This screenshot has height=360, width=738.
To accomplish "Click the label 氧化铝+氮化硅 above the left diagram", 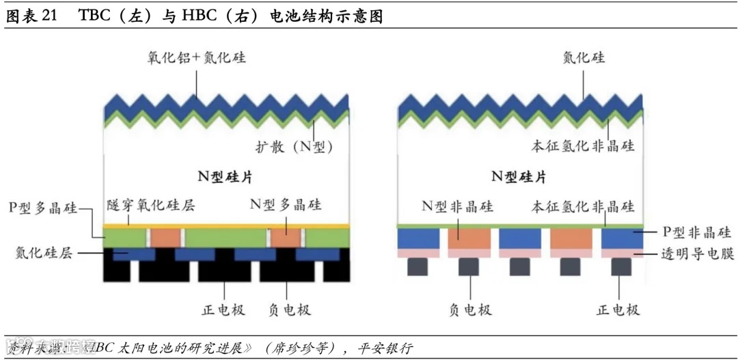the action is (x=195, y=57).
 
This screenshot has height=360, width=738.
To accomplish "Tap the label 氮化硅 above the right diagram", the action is (x=584, y=57).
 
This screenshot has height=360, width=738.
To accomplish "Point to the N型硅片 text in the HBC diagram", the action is (x=519, y=177).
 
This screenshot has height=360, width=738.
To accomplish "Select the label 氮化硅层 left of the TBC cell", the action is (x=44, y=253).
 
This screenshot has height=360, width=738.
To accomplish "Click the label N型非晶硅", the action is (x=457, y=206).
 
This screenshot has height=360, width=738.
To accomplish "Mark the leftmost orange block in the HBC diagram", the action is (x=469, y=238).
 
